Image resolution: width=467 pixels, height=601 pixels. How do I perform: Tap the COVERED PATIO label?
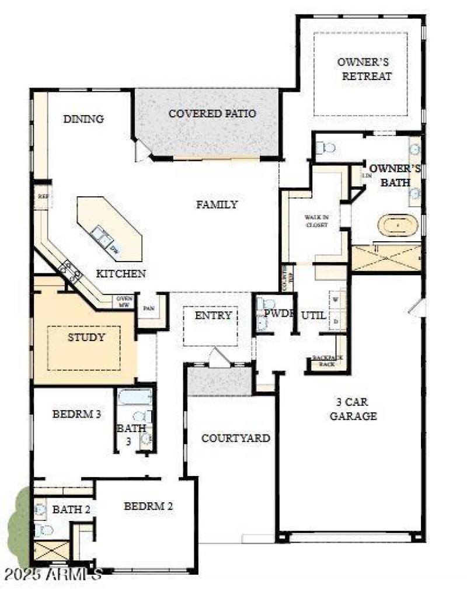212,113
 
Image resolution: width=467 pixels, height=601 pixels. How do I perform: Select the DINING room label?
83,119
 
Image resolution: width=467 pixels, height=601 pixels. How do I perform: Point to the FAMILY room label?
217,204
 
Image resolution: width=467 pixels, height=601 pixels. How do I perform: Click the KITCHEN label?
121,273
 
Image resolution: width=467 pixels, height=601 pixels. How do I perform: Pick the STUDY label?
86,337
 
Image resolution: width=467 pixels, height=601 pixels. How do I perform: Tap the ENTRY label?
213,315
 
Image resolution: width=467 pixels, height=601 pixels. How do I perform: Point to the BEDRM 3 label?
77,415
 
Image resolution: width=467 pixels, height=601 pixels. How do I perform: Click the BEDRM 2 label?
148,506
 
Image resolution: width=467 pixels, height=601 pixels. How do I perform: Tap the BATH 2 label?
71,509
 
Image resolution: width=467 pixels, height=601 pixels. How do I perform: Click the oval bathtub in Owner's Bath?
398,224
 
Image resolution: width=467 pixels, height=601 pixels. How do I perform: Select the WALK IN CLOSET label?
316,220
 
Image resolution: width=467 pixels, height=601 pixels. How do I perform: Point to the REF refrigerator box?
43,196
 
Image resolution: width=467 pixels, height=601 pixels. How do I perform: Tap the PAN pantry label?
149,308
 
